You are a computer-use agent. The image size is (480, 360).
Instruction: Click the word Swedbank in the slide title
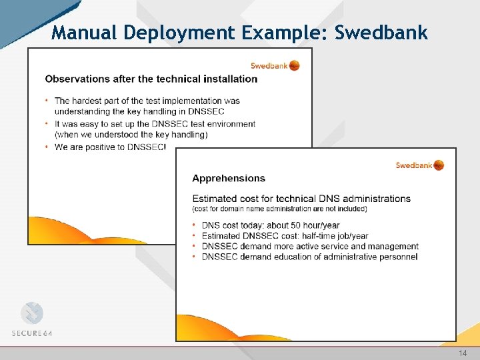[381, 33]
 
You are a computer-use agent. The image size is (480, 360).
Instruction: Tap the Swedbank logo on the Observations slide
[275, 65]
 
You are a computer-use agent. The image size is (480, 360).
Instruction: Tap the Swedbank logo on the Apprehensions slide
[419, 165]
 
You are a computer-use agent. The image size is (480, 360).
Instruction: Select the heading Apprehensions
[229, 178]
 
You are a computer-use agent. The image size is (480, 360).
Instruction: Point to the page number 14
[463, 353]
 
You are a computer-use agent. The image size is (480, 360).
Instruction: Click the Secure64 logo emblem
[31, 313]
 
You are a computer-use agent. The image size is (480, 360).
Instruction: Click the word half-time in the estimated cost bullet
[322, 236]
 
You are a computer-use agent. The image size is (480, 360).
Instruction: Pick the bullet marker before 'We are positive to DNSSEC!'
[47, 147]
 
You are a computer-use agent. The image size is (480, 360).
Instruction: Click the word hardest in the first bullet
[88, 101]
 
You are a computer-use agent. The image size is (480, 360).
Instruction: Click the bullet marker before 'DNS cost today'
[195, 225]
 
